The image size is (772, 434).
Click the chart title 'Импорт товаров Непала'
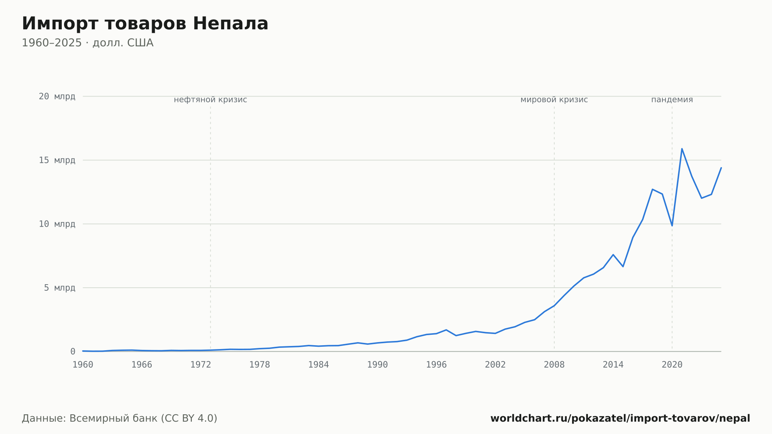point(145,24)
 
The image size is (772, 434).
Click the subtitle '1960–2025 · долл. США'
point(88,43)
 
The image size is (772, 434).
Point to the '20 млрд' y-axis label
point(57,97)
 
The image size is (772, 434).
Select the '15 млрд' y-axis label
point(57,160)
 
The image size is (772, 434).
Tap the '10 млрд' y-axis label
point(57,224)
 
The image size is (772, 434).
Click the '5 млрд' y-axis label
point(59,288)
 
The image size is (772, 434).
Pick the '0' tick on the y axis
point(73,351)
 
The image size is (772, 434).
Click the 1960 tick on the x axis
point(83,365)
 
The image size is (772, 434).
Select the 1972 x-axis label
point(201,365)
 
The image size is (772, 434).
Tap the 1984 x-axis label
point(318,365)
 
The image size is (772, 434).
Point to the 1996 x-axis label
point(436,365)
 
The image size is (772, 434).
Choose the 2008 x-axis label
point(554,365)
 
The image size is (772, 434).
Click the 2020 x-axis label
point(672,365)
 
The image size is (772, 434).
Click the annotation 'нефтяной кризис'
point(210,100)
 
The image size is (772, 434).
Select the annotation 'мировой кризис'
point(554,100)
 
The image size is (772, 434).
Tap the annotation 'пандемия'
point(672,100)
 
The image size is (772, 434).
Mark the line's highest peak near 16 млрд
point(682,149)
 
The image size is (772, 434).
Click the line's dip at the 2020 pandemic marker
point(672,225)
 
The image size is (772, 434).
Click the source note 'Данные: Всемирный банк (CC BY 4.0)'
point(120,419)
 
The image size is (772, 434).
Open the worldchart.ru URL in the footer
point(620,419)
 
